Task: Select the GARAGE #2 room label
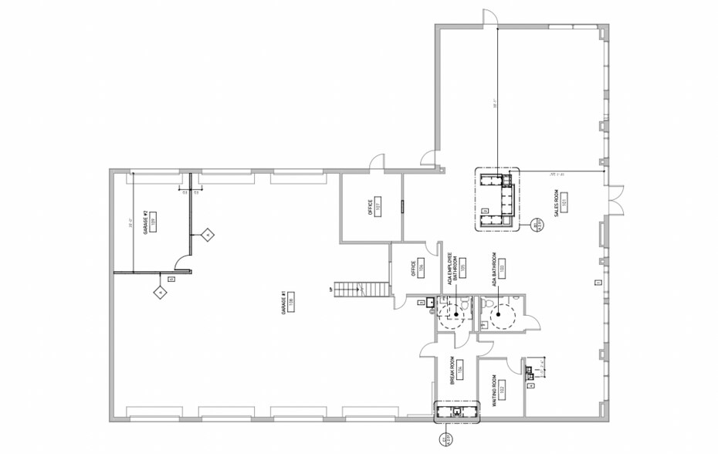[x=145, y=220]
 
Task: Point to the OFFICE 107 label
[x=371, y=208]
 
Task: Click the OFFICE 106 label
[x=415, y=267]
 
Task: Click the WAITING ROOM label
[x=494, y=391]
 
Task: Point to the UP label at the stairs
[x=330, y=290]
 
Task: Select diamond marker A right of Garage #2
[x=207, y=234]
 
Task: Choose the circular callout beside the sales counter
[x=538, y=225]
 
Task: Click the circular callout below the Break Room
[x=445, y=439]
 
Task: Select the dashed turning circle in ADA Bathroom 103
[x=503, y=314]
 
